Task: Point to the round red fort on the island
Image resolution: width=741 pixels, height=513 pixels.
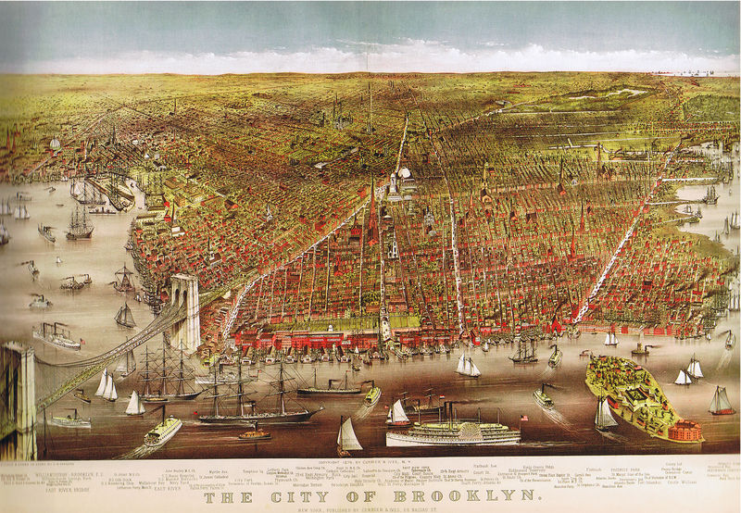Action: [685, 430]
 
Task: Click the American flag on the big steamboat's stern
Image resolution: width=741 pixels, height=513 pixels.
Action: [523, 419]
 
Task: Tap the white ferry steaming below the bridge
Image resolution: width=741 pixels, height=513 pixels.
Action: [161, 430]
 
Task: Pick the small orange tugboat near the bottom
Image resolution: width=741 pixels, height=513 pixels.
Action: [254, 433]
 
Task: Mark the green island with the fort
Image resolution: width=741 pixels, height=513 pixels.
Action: [639, 394]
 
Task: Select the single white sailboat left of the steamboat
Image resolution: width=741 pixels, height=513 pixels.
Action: [348, 435]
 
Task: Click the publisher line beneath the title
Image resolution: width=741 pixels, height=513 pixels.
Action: [370, 508]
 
